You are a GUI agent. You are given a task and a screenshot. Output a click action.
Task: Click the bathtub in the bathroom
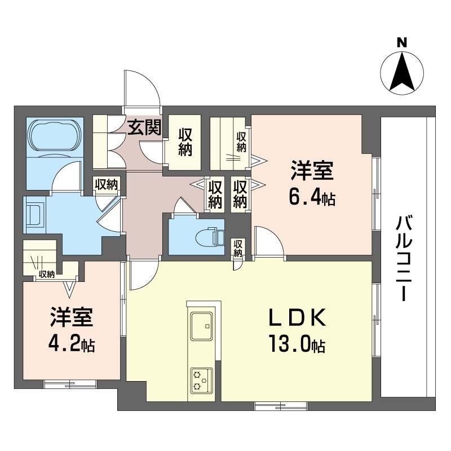54,135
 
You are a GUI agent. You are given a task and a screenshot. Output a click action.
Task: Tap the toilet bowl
209,237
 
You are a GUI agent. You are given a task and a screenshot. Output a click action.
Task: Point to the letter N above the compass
402,43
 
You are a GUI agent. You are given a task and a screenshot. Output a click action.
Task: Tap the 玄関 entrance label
144,127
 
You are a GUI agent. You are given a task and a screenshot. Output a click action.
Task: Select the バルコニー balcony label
404,259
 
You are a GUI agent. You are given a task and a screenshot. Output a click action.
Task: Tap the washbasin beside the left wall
34,215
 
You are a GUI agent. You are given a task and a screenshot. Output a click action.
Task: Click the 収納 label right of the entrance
185,142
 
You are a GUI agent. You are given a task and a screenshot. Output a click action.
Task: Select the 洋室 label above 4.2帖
72,317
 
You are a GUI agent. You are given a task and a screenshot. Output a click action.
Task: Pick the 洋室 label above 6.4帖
312,170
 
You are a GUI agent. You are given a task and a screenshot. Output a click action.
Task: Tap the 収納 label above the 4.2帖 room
47,275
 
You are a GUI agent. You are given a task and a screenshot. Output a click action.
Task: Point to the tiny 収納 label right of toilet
238,249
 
